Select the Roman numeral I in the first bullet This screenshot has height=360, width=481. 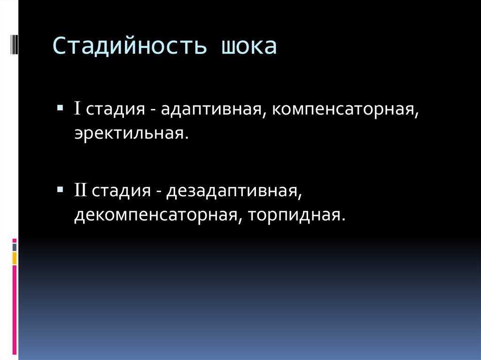click(x=78, y=109)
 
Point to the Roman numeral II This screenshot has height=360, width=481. click(x=80, y=191)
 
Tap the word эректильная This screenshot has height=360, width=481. click(x=131, y=134)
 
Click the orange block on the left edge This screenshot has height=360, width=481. click(x=15, y=258)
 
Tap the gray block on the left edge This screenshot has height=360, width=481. click(x=15, y=247)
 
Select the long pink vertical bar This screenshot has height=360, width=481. click(x=15, y=310)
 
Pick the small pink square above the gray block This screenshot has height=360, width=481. click(x=15, y=240)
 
